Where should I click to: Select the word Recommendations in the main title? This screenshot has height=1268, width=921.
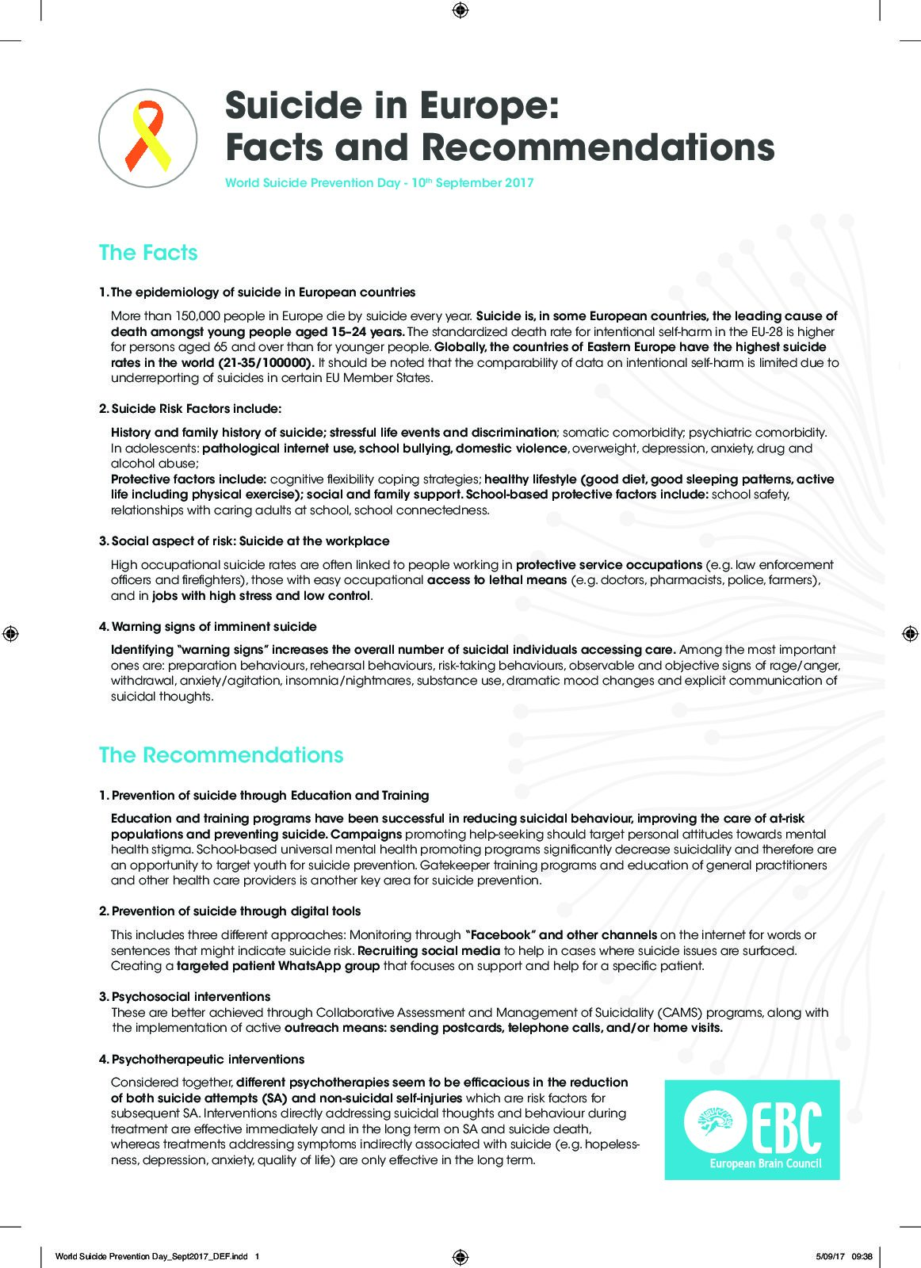596,147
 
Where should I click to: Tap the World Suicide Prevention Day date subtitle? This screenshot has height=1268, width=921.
379,183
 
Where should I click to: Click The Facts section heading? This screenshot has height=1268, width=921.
147,253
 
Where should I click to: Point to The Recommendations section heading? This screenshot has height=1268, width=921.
220,754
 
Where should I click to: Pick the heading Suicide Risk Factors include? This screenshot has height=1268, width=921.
196,409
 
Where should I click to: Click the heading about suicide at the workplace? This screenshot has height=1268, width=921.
250,541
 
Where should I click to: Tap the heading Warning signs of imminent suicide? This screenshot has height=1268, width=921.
214,627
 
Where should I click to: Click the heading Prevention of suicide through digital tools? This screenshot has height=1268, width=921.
236,911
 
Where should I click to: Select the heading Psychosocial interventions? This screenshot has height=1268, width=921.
191,997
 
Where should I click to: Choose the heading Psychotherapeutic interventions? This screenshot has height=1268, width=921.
208,1060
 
